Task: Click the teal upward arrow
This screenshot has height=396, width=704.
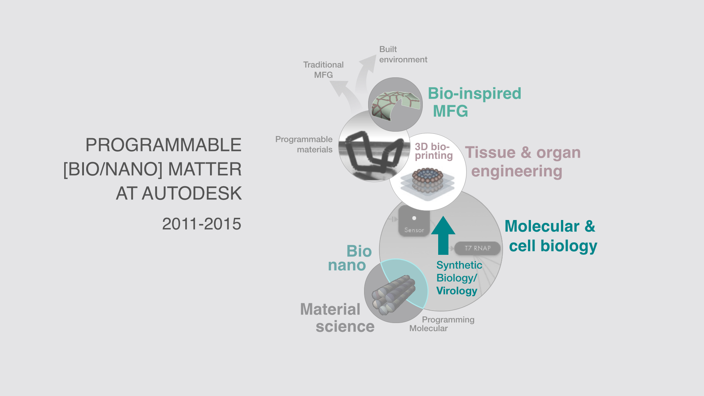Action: (443, 235)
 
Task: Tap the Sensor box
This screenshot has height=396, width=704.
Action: (414, 221)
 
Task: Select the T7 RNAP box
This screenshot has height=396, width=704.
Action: (477, 248)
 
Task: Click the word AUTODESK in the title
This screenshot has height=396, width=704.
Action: (192, 193)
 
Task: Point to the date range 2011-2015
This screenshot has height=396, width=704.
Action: (202, 224)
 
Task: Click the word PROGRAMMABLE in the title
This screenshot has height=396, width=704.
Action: (164, 145)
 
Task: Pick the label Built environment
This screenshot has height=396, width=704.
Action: (403, 54)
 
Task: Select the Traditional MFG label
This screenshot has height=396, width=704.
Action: (323, 70)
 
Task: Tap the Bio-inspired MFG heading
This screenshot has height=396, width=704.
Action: (474, 102)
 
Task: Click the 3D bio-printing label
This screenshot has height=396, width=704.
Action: (434, 151)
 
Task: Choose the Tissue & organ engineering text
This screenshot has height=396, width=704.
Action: (523, 162)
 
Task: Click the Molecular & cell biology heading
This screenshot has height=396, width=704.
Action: (551, 236)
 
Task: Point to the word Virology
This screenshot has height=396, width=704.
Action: (456, 291)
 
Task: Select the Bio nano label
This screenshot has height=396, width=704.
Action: (350, 258)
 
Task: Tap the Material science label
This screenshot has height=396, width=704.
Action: (337, 318)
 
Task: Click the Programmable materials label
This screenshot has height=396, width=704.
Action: (304, 144)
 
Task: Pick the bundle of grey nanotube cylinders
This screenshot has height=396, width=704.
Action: (393, 294)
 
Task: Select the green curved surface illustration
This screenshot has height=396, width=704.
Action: (395, 104)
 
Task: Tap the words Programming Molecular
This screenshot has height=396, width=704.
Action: (442, 324)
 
